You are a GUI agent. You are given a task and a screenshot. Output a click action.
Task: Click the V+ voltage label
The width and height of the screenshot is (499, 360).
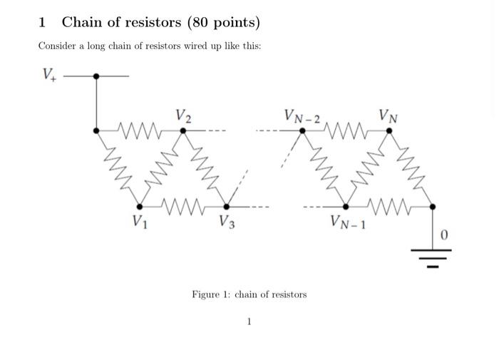tap(49, 74)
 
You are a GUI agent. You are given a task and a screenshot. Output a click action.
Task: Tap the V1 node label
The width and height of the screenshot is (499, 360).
tap(141, 221)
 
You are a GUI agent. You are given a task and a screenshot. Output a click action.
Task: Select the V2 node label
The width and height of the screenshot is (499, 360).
tap(183, 116)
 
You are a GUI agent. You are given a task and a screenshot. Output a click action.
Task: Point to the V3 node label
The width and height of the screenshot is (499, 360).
tap(227, 221)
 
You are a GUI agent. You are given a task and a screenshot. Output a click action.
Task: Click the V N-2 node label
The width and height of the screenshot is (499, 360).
tap(302, 115)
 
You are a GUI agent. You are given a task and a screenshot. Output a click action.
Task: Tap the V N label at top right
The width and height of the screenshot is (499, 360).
tap(389, 115)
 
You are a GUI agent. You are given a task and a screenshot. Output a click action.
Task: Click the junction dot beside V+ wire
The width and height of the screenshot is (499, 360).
tap(96, 76)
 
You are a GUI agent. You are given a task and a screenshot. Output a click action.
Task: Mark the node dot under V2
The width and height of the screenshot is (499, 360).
tap(183, 130)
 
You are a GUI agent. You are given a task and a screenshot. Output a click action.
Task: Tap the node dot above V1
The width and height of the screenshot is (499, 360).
tap(140, 206)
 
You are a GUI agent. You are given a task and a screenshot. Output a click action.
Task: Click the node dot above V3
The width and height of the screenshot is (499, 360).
tap(227, 206)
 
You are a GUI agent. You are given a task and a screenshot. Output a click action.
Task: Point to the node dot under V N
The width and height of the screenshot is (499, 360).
tap(389, 130)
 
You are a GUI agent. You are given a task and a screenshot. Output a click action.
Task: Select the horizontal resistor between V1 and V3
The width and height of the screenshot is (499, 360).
tap(183, 206)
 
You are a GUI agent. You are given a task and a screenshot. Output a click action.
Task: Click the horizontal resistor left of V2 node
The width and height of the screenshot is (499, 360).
tap(140, 130)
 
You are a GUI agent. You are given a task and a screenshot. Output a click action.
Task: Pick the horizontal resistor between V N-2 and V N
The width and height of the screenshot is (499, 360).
tap(346, 130)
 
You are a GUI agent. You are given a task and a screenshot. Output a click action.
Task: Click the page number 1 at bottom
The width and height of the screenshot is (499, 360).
tap(249, 322)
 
